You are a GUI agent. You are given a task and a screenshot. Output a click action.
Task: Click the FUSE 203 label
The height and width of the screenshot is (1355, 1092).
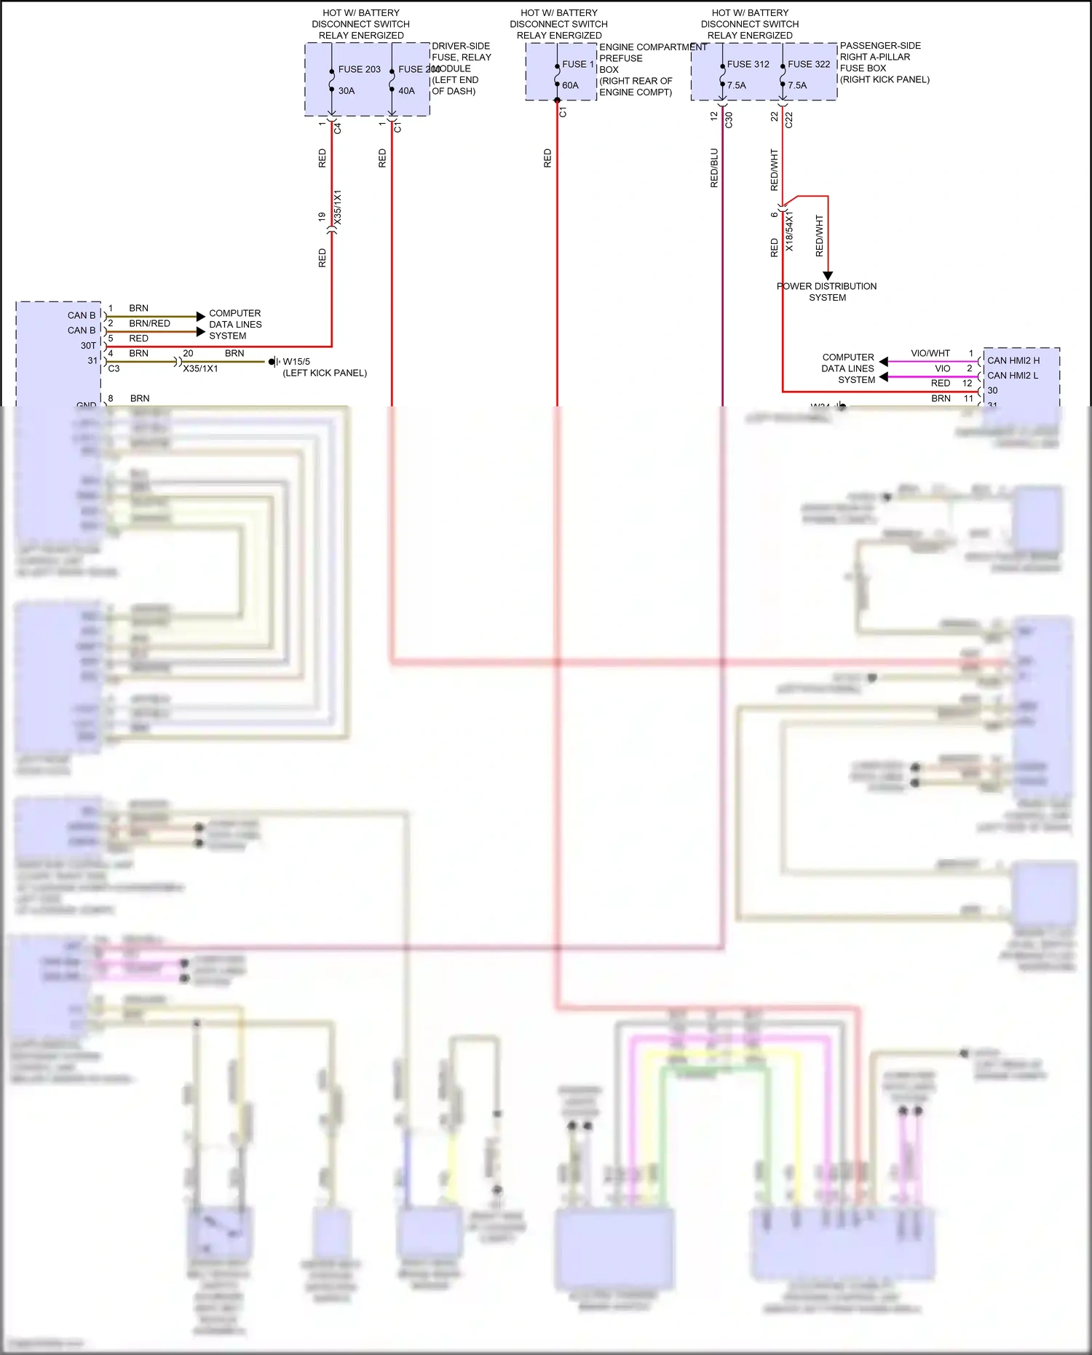coord(359,69)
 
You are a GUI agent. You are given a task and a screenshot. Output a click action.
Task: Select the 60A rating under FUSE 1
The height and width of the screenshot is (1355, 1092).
coord(570,85)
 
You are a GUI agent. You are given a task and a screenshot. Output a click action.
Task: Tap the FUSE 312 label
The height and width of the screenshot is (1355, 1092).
coord(748,64)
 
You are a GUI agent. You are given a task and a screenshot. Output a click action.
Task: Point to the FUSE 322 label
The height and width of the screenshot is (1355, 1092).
coord(809,64)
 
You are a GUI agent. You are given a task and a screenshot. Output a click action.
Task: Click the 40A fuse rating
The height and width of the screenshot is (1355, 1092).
coord(406,91)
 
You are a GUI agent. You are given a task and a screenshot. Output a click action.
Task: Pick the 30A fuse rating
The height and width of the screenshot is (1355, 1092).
coord(346,91)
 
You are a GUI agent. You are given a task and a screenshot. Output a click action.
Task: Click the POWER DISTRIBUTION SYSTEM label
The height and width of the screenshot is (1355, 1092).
coord(827,292)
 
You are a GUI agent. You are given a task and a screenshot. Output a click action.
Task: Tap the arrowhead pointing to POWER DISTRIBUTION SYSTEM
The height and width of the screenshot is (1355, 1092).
coord(828,276)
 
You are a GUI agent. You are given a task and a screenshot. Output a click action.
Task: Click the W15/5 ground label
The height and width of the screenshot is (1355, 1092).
coord(296,361)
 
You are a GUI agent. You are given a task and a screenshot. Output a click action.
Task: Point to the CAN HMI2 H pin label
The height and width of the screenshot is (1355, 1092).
coord(1013,360)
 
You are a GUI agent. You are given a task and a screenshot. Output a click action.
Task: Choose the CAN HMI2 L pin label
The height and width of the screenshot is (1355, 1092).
coord(1013,376)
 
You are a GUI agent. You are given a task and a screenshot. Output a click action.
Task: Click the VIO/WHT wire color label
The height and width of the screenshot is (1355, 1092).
coord(930,353)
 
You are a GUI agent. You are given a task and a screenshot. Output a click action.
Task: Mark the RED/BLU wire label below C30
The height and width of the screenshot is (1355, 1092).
coord(714,168)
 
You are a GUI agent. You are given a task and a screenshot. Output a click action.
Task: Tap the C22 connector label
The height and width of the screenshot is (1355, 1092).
coord(789,120)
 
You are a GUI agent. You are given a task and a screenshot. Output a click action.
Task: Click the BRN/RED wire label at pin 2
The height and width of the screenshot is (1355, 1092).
coord(149,323)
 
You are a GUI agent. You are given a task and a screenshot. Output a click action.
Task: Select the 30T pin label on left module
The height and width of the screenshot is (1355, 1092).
coord(88,346)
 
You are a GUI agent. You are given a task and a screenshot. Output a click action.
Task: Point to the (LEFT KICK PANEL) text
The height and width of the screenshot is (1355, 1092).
coord(325,373)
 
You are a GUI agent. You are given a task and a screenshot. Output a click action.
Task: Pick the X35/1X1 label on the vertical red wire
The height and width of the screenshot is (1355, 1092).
coord(337,208)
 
